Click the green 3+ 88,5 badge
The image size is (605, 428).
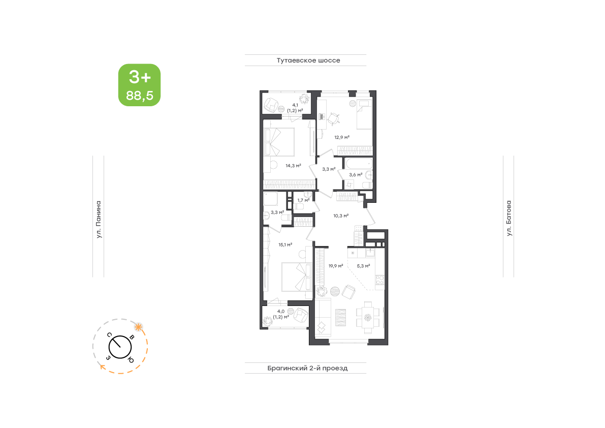[139, 85]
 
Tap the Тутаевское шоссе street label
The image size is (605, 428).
[308, 60]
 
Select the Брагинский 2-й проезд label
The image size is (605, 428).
[307, 368]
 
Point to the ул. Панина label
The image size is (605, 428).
[99, 219]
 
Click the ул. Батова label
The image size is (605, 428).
[509, 218]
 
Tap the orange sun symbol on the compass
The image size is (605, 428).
[138, 327]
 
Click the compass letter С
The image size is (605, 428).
[110, 334]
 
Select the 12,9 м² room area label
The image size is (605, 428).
[342, 137]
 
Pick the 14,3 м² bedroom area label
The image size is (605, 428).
[293, 166]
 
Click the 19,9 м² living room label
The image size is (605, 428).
[336, 266]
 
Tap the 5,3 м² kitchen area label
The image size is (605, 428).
[364, 266]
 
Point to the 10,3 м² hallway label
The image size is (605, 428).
[341, 216]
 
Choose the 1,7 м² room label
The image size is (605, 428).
[303, 200]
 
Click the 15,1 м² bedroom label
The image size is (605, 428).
[285, 244]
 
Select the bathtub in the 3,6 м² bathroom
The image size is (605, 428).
[359, 164]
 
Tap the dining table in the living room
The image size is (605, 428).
[368, 318]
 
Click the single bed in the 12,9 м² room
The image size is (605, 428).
[364, 114]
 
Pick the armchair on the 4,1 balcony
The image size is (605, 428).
[271, 105]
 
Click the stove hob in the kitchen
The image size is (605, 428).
[379, 282]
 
